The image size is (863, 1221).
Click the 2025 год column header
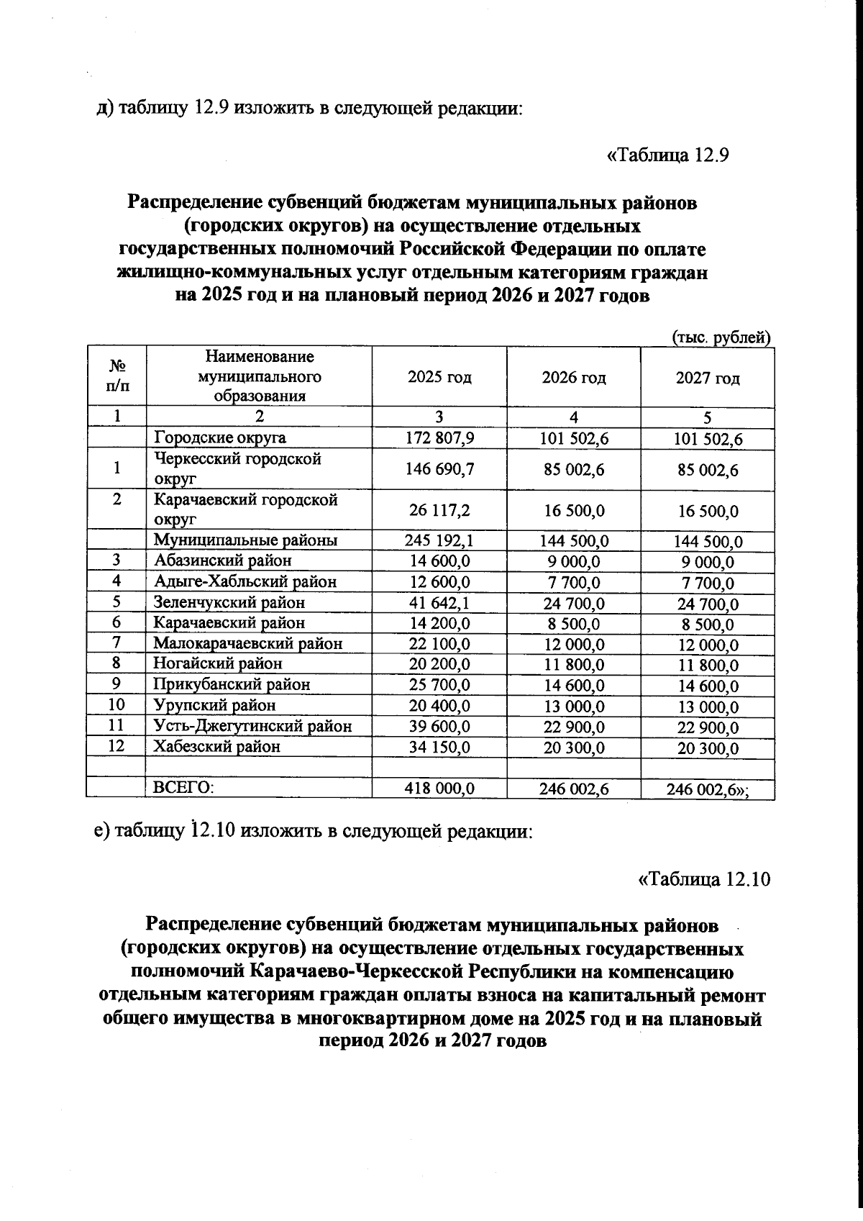439,378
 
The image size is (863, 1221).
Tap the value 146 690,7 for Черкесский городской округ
439,469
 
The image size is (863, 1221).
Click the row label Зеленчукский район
229,602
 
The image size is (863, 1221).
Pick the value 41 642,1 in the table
439,603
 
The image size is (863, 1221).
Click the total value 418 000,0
439,789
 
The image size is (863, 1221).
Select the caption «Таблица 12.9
669,155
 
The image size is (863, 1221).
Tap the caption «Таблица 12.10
704,879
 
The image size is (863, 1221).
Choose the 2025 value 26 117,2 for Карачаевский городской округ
439,510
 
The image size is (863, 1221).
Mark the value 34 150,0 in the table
439,747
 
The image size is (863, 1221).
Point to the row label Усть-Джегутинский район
253,726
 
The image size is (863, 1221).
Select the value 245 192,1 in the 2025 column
439,540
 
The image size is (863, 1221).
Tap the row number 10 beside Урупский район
116,704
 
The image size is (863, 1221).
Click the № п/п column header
116,376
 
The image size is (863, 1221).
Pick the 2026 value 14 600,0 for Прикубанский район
573,685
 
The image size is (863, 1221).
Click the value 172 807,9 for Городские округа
439,437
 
